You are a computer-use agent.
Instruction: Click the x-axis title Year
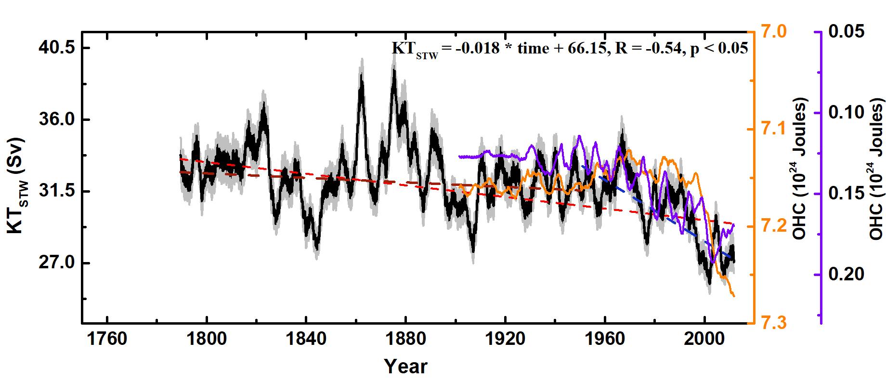405,367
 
